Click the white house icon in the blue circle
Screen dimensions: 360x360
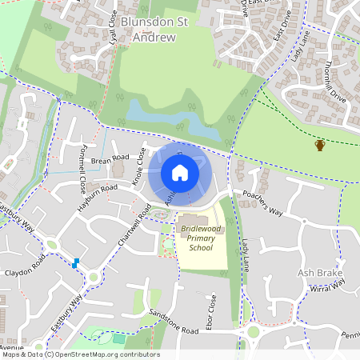[x=180, y=173]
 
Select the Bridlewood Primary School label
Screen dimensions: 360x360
[x=194, y=238]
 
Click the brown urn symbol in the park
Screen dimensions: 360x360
[x=320, y=145]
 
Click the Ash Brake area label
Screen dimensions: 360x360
[x=319, y=273]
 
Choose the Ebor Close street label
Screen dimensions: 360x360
[x=212, y=308]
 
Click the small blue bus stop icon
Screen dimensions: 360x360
[x=76, y=263]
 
